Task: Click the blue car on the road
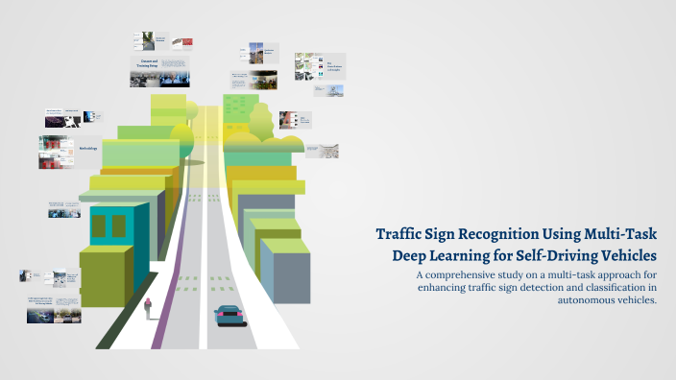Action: (229, 315)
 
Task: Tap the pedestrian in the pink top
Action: (148, 308)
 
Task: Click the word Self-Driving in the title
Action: (550, 256)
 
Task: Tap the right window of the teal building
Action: (119, 226)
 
